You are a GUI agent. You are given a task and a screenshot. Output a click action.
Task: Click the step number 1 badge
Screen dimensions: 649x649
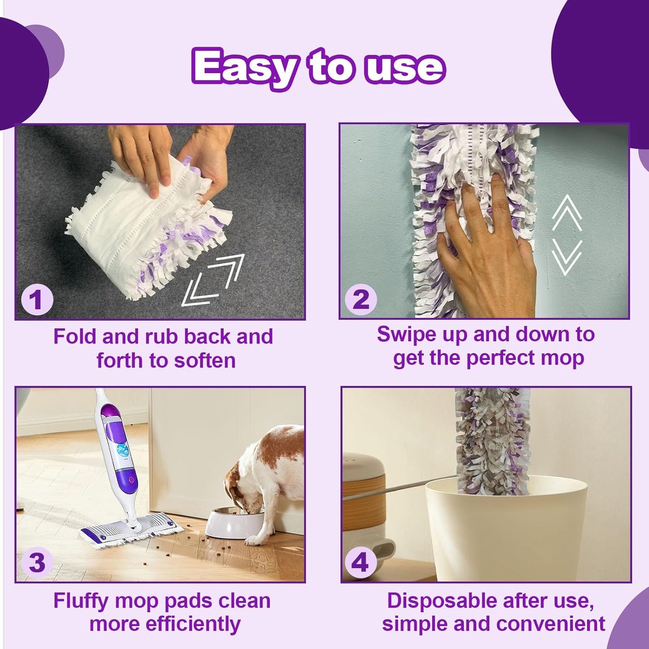[37, 300]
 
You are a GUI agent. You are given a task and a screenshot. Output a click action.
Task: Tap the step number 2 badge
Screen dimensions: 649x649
[361, 299]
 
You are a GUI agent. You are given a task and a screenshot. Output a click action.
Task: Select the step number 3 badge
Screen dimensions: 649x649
[37, 563]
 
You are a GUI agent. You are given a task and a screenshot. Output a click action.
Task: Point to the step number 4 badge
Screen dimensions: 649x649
[361, 562]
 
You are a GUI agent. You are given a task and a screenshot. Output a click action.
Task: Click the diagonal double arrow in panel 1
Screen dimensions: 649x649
[213, 280]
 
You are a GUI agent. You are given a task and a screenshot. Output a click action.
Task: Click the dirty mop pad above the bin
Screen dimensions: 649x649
[493, 440]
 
